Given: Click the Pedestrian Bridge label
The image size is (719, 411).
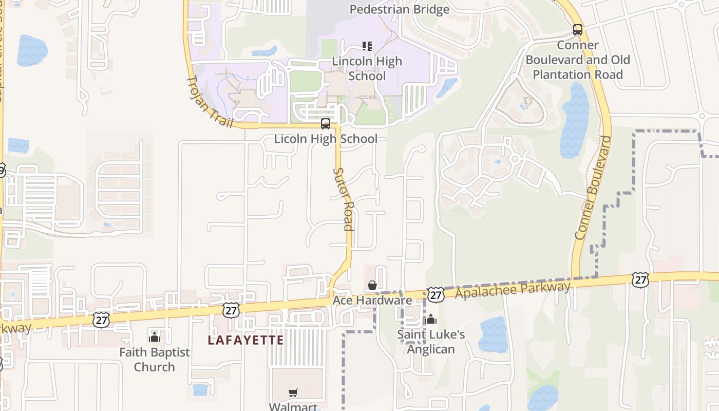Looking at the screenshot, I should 400,9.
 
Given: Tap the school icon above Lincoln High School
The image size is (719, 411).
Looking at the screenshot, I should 367,46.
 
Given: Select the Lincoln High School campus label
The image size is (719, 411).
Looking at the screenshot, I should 367,68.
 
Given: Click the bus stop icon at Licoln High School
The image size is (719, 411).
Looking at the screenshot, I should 326,124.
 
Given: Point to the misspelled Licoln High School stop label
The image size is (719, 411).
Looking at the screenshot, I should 326,139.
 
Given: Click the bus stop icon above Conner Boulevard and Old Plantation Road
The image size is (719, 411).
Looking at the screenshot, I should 578,30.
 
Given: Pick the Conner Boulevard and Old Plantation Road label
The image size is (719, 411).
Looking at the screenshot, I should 578,60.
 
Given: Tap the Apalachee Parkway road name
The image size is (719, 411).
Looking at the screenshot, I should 513,289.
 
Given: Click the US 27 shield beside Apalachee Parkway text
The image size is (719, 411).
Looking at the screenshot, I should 436,294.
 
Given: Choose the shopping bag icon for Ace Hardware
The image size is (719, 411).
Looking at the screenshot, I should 372,285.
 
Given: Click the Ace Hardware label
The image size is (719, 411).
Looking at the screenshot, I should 372,300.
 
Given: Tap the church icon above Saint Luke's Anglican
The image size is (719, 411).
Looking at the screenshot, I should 431,320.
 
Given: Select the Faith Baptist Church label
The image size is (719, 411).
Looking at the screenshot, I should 155,360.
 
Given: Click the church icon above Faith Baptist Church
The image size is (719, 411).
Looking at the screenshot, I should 155,337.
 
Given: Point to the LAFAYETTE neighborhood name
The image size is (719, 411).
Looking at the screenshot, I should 245,340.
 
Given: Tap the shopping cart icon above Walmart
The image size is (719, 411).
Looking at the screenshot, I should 293,393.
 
